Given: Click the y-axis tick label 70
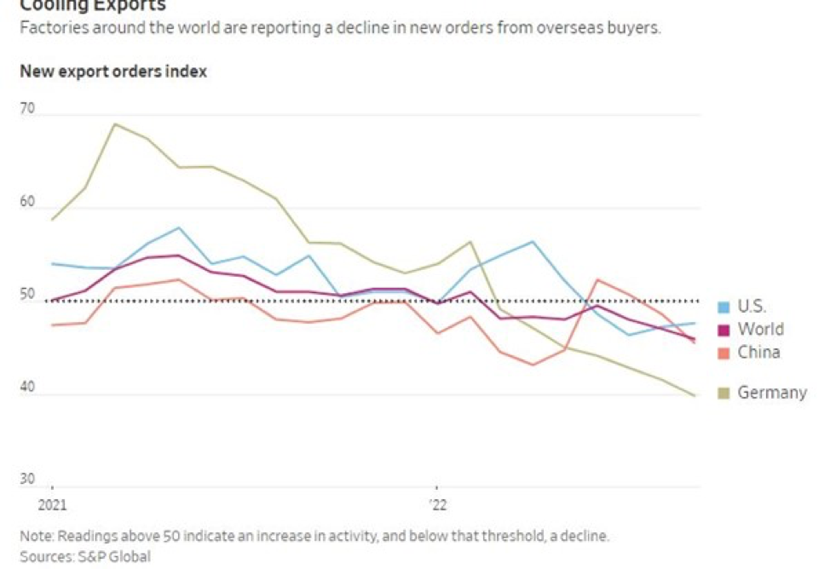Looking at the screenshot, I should pyautogui.click(x=27, y=109).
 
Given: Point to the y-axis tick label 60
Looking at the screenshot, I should pyautogui.click(x=27, y=203).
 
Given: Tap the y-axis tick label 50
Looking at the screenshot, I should pyautogui.click(x=27, y=296).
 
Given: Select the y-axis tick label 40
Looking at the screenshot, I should pyautogui.click(x=27, y=388).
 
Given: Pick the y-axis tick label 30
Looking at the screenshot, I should pyautogui.click(x=27, y=480).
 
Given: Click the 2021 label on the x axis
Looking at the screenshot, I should pyautogui.click(x=52, y=504).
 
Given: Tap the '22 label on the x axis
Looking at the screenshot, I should pyautogui.click(x=437, y=504).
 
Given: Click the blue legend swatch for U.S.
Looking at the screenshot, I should pyautogui.click(x=724, y=307).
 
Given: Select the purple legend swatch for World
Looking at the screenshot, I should pyautogui.click(x=724, y=330).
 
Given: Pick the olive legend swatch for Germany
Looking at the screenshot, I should pyautogui.click(x=724, y=394).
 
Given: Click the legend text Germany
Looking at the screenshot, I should pyautogui.click(x=772, y=394).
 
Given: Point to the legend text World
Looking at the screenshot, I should pyautogui.click(x=760, y=330).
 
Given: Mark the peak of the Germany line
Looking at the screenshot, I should pyautogui.click(x=115, y=124).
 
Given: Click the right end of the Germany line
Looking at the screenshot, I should pyautogui.click(x=696, y=396).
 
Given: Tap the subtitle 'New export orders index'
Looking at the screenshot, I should pyautogui.click(x=113, y=72).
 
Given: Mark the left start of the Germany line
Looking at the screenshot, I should pyautogui.click(x=52, y=220).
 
